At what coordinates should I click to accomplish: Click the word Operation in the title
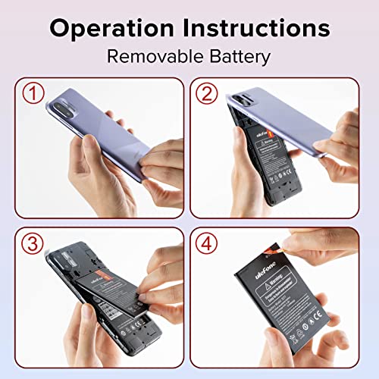point(111,29)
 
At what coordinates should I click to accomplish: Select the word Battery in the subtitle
point(240,56)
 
